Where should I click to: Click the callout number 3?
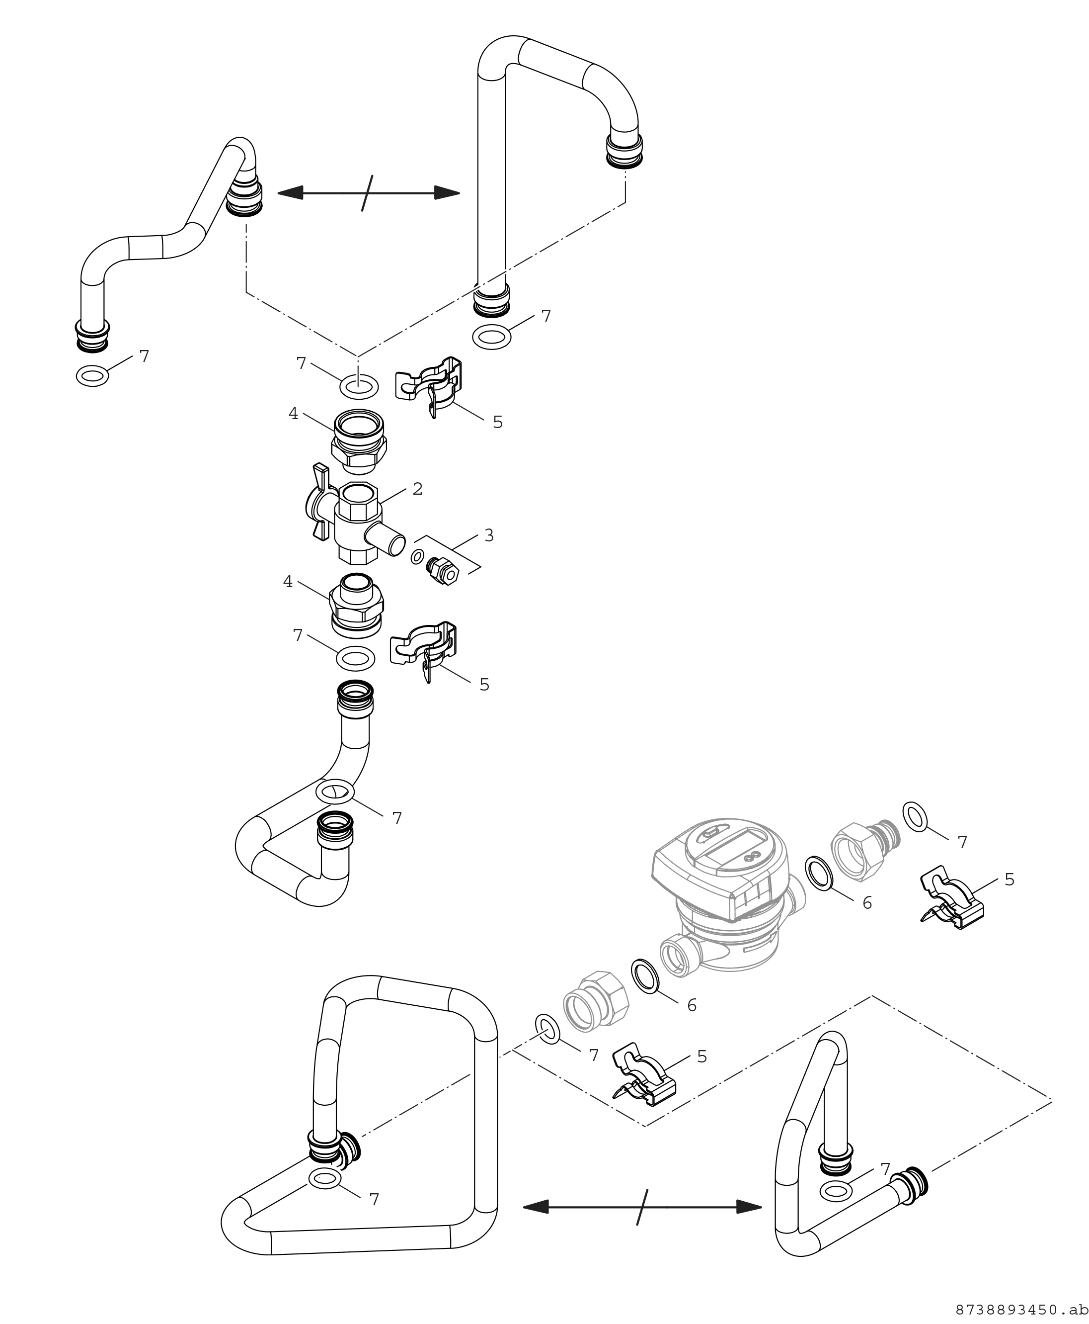pos(489,535)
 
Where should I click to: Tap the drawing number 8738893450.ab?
pos(1022,1310)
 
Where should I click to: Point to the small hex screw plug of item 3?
pos(443,571)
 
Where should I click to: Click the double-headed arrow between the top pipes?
pos(368,193)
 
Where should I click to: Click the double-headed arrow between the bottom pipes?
pos(642,1206)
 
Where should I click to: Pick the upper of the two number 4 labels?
pos(293,414)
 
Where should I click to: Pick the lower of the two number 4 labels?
pos(288,582)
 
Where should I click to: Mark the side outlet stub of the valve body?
pos(386,538)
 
